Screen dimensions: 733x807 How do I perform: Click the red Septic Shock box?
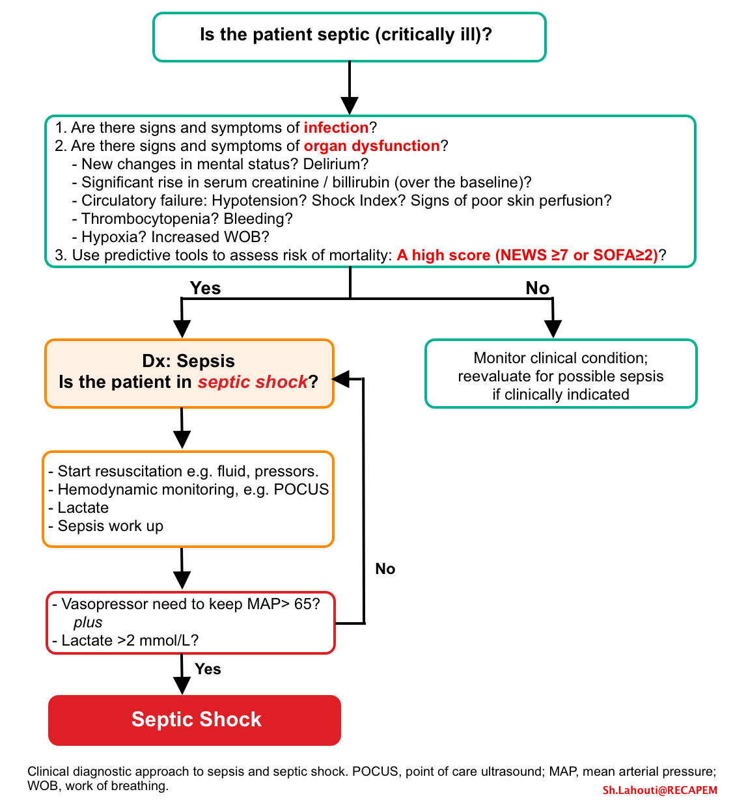click(x=195, y=720)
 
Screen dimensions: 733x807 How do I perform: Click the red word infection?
click(x=336, y=128)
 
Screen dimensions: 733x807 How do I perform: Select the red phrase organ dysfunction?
click(x=372, y=146)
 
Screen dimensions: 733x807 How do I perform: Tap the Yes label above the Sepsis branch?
click(x=205, y=288)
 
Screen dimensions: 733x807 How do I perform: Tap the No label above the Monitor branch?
click(x=537, y=288)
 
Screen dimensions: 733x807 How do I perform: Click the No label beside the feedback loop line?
click(x=385, y=569)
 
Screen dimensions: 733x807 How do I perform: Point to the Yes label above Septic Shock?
click(x=208, y=669)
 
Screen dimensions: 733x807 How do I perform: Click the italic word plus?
click(x=88, y=622)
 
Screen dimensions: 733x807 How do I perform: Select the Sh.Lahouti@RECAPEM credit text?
click(x=659, y=790)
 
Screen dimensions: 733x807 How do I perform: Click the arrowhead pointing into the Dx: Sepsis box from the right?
click(x=340, y=379)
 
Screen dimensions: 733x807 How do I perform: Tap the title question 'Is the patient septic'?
click(x=346, y=34)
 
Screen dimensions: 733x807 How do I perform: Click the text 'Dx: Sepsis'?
click(x=188, y=361)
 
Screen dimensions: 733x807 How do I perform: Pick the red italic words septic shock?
click(x=253, y=382)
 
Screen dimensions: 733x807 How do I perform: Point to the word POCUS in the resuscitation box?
click(x=301, y=489)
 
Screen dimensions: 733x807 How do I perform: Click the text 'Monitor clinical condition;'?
click(x=560, y=358)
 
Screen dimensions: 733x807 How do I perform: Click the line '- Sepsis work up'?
click(x=106, y=527)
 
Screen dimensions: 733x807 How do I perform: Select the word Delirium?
click(x=336, y=164)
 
